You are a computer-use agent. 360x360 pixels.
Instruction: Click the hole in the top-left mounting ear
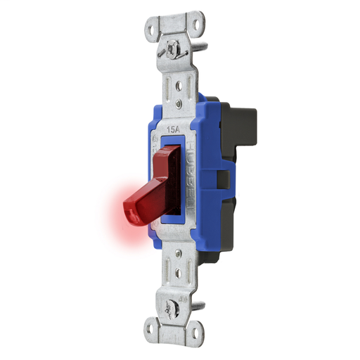click(155, 30)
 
